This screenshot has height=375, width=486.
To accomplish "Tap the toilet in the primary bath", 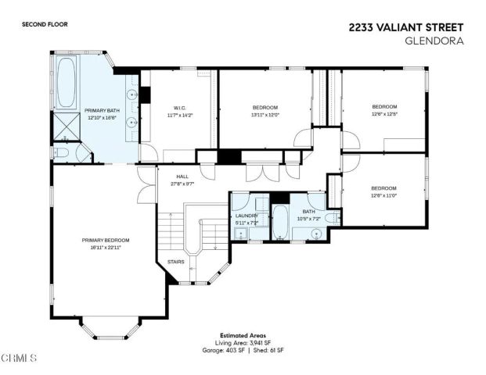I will (x=63, y=152).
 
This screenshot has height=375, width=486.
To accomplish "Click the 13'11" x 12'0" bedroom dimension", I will (x=265, y=113).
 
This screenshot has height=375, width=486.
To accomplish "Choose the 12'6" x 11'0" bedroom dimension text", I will (x=383, y=195).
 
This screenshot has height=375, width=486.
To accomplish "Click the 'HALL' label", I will (x=183, y=177).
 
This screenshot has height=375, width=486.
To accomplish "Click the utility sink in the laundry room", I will (x=243, y=233).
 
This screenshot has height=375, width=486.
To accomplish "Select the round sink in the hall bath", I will (x=316, y=234).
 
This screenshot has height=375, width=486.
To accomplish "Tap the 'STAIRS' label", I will (x=175, y=261).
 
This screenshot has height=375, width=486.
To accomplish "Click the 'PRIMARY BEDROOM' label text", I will (x=106, y=240).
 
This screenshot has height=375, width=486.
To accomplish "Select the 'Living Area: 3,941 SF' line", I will (x=242, y=342).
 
